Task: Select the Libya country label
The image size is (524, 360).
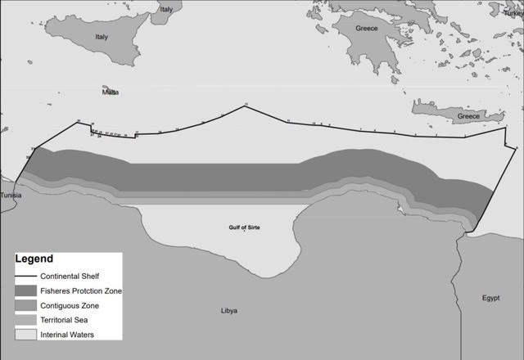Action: (x=229, y=311)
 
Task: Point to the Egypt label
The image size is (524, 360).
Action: (x=490, y=297)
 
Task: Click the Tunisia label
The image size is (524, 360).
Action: (x=11, y=196)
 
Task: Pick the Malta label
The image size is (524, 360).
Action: (x=110, y=92)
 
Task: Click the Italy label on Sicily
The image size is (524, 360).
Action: (x=102, y=37)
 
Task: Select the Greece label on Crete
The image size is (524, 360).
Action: (x=469, y=116)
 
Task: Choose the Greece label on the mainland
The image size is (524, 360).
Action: (x=368, y=29)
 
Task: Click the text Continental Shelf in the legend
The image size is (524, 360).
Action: (x=80, y=276)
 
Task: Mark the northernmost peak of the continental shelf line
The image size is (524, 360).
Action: (x=245, y=106)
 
